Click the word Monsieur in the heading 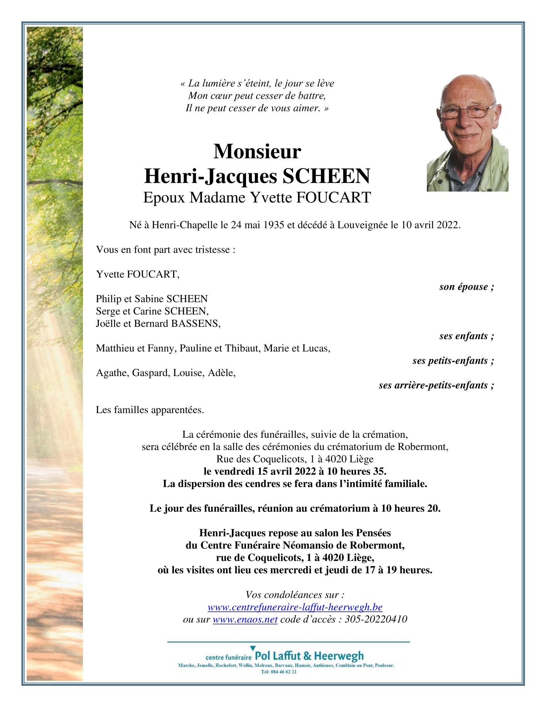click(x=257, y=151)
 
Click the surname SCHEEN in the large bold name click(x=326, y=176)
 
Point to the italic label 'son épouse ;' click(x=467, y=287)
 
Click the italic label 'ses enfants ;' click(x=467, y=336)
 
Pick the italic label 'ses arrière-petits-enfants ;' click(x=436, y=385)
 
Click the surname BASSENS click(x=195, y=324)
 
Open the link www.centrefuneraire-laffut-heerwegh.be click(x=295, y=607)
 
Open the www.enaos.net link click(x=245, y=619)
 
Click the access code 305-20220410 click(x=376, y=619)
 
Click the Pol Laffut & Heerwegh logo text click(x=309, y=656)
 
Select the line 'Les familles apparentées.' click(x=150, y=410)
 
